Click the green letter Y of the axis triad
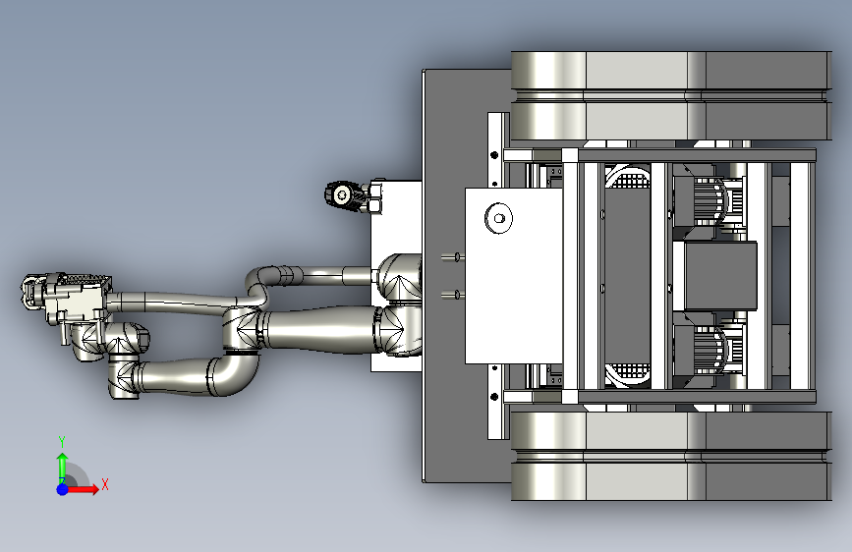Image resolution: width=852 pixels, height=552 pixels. [62, 441]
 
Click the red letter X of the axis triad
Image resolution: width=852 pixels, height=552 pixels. [105, 484]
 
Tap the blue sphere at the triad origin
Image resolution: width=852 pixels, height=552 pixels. [63, 489]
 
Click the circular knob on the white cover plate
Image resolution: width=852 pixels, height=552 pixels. [498, 218]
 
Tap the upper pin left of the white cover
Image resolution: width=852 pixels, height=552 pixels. [451, 257]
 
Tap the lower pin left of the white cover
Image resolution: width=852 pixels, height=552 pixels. [451, 295]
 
